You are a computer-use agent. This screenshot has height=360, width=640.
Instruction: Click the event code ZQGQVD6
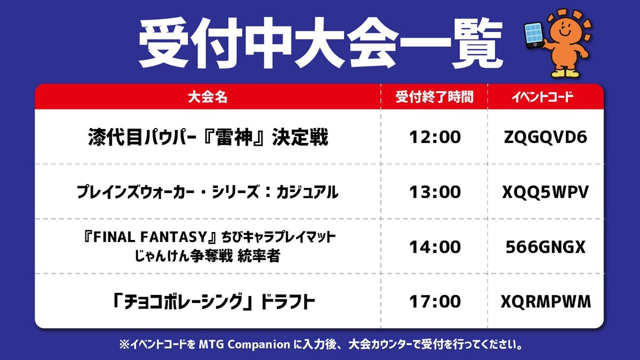pos(545,137)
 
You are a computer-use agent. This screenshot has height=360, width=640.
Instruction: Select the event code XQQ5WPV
pos(545,192)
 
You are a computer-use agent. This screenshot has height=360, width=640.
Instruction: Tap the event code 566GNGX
pos(545,247)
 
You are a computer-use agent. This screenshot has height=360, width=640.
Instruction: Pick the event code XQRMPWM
pos(546,302)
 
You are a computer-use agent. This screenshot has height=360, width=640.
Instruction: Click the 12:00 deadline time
pos(435,137)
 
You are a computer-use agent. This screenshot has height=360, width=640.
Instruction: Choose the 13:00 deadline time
pos(435,192)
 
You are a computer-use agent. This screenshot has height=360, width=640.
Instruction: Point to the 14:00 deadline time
pos(435,247)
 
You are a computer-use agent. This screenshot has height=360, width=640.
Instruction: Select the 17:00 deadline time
pos(435,302)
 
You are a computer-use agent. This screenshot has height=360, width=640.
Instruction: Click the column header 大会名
pos(207,97)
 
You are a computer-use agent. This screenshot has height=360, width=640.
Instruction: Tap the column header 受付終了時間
pos(434,97)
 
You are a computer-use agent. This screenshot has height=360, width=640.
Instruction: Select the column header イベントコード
pos(542,97)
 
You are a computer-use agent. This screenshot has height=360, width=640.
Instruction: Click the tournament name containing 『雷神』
pos(208,137)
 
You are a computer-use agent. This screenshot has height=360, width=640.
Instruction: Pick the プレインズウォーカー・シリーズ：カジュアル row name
pos(207,192)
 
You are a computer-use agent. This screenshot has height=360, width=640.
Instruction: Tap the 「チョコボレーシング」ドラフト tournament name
pos(214,302)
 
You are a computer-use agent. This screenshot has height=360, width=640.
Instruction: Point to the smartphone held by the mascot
pos(534,35)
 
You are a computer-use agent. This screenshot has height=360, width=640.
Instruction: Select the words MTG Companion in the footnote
pos(244,345)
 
